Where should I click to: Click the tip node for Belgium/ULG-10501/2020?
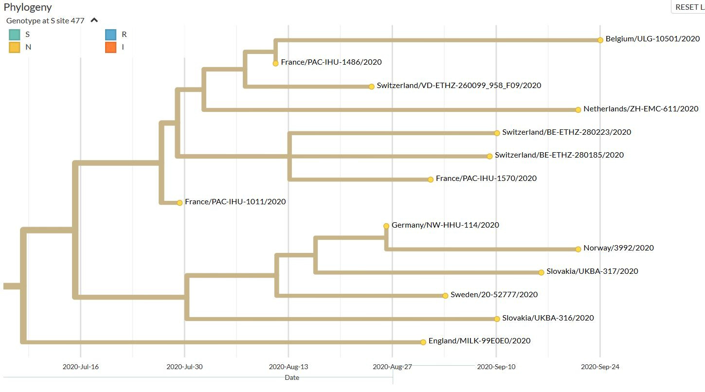pos(600,40)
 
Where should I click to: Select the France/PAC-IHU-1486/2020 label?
pos(331,62)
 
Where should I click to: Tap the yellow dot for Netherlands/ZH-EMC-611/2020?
pos(578,110)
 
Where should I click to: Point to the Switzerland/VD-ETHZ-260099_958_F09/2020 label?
pos(459,85)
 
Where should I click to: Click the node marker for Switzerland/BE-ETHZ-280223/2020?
pos(497,133)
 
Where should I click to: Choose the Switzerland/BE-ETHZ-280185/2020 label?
pos(559,155)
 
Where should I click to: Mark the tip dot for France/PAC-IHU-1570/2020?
pos(431,179)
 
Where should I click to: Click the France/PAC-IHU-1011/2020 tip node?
pos(180,203)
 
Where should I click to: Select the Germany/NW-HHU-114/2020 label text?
pos(445,225)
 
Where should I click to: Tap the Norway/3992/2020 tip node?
pos(578,249)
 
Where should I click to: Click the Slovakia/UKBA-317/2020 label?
pos(592,271)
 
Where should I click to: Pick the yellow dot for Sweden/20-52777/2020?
pos(445,296)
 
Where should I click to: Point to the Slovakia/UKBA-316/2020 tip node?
pos(497,319)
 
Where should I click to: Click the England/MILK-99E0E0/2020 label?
pos(480,341)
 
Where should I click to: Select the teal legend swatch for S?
pos(15,35)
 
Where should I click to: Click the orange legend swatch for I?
pos(110,47)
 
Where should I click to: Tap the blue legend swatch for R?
pos(110,35)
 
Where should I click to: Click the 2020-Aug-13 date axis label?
pos(289,367)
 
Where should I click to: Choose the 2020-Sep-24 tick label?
pos(600,367)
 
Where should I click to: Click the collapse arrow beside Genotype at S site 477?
pos(94,20)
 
